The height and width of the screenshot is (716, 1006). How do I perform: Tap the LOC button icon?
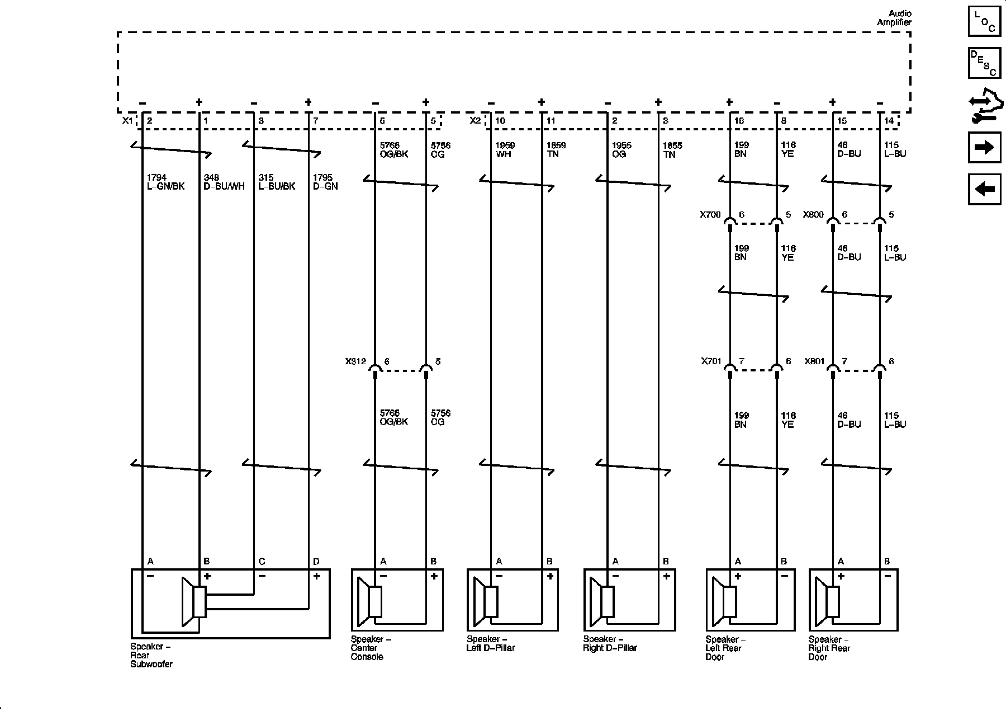(x=984, y=22)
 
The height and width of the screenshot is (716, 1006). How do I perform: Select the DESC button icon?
(x=984, y=63)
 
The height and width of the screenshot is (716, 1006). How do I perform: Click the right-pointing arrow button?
(x=984, y=147)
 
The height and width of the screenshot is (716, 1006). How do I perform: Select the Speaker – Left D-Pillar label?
(x=490, y=643)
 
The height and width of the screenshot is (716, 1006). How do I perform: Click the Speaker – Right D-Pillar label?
(x=610, y=643)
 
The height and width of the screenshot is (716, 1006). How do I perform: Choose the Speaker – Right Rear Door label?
(x=829, y=648)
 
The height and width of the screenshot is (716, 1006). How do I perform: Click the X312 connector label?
(x=355, y=361)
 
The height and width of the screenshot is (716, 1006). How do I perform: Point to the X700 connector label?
(x=710, y=214)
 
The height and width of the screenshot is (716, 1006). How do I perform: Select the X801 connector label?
(x=815, y=361)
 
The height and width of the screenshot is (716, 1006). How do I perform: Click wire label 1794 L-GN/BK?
(x=165, y=182)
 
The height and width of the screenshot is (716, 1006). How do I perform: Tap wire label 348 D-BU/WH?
(x=224, y=182)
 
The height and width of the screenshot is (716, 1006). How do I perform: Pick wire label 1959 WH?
(x=505, y=149)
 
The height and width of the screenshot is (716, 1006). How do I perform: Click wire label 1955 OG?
(x=621, y=149)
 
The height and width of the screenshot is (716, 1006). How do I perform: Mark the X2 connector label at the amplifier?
(x=475, y=120)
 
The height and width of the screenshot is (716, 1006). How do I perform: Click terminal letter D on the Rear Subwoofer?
(x=316, y=561)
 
